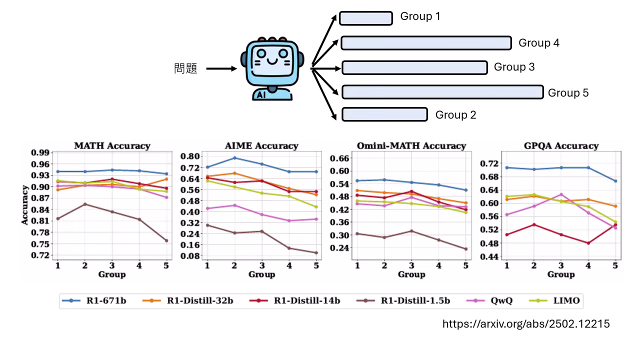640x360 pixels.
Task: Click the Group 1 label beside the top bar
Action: [x=420, y=16]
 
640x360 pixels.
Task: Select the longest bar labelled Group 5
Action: [x=442, y=92]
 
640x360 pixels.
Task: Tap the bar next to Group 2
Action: [x=384, y=114]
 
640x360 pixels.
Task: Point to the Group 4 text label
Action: [x=538, y=43]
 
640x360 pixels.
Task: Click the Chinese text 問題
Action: [x=186, y=68]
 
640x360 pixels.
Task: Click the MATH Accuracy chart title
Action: [x=112, y=146]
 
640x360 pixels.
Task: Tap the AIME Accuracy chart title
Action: [x=261, y=146]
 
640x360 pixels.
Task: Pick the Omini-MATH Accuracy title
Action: [x=411, y=146]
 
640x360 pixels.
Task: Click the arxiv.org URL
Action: [x=526, y=324]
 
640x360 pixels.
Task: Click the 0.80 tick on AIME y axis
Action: [x=191, y=156]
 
